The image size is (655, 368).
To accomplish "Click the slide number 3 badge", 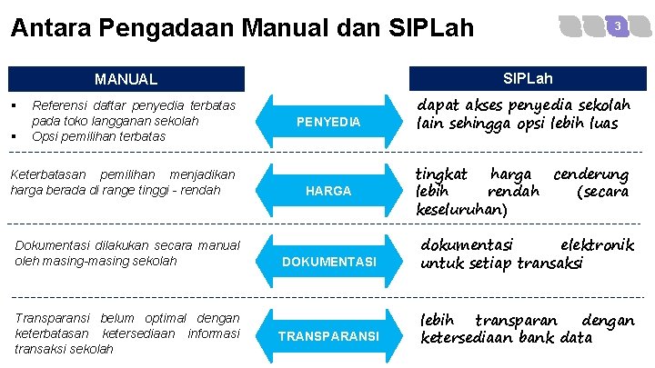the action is tap(618, 27).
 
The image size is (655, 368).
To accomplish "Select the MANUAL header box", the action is tap(127, 79).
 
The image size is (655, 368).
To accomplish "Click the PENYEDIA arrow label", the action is tap(331, 122).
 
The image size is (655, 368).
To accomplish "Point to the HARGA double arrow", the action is tap(331, 191).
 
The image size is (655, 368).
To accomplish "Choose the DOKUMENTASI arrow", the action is tap(331, 262).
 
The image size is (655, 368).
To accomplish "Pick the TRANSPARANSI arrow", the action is tap(331, 336).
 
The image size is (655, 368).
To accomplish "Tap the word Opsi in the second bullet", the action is tap(45, 136).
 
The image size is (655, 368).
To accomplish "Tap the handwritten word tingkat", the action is tap(441, 173).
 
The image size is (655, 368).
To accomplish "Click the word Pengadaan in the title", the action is tap(161, 28).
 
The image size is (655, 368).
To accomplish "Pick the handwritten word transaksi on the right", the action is tap(544, 264).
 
